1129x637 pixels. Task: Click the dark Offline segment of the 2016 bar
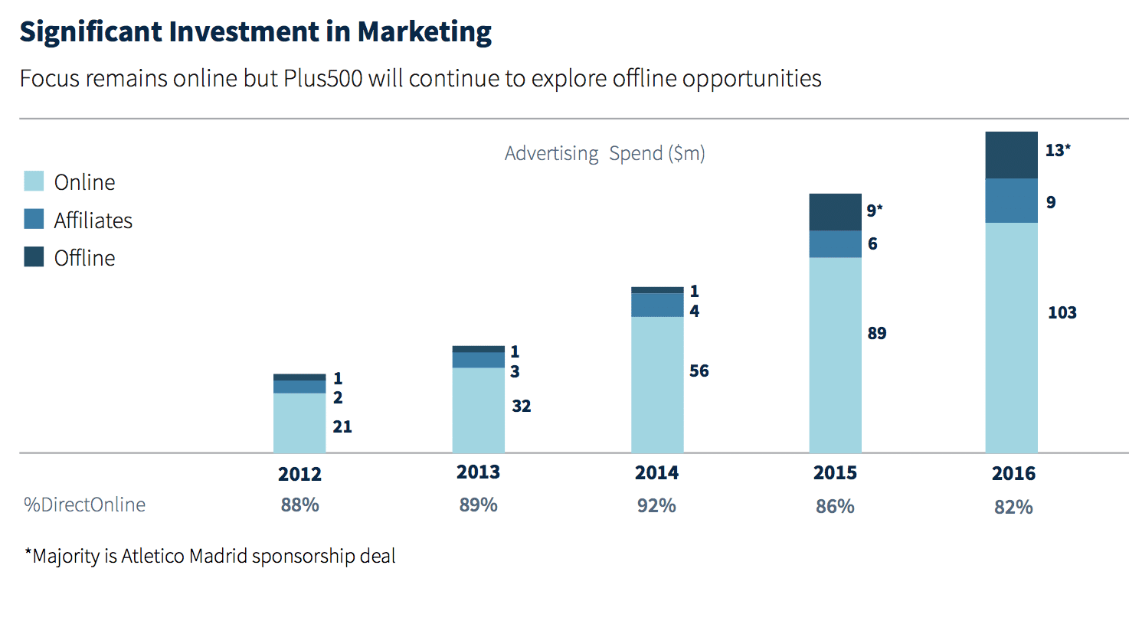pyautogui.click(x=1011, y=155)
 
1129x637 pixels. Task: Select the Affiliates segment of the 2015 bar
pyautogui.click(x=835, y=244)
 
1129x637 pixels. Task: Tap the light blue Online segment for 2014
pyautogui.click(x=657, y=384)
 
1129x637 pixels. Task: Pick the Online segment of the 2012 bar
pyautogui.click(x=299, y=423)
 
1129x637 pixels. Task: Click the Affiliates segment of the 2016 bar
pyautogui.click(x=1011, y=201)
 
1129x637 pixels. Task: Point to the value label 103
pyautogui.click(x=1062, y=312)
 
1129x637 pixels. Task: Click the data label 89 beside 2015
pyautogui.click(x=876, y=333)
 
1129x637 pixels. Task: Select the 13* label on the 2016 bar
pyautogui.click(x=1057, y=150)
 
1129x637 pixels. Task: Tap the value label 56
pyautogui.click(x=699, y=371)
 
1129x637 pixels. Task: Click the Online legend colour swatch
pyautogui.click(x=34, y=181)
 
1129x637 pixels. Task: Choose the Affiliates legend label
pyautogui.click(x=93, y=220)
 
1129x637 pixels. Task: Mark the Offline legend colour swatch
pyautogui.click(x=34, y=257)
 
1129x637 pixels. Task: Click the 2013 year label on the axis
pyautogui.click(x=478, y=472)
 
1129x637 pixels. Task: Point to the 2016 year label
pyautogui.click(x=1013, y=474)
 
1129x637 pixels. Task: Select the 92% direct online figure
pyautogui.click(x=656, y=506)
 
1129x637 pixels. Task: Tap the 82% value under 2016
pyautogui.click(x=1013, y=508)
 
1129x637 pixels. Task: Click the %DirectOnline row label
pyautogui.click(x=84, y=505)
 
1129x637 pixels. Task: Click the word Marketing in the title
pyautogui.click(x=424, y=32)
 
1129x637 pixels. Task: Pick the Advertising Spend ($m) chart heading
pyautogui.click(x=604, y=154)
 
